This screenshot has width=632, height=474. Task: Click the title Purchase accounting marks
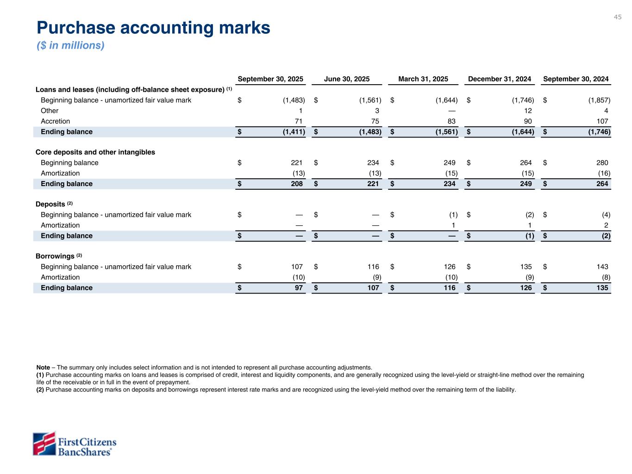pos(153,28)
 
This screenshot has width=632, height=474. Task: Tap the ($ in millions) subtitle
pos(70,45)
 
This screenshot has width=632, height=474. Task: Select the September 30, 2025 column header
pos(270,79)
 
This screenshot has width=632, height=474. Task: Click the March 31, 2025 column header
pos(423,79)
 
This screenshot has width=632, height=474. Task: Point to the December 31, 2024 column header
pos(500,79)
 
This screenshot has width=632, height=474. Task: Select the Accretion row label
pos(56,121)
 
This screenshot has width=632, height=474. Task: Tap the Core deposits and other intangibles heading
pos(95,152)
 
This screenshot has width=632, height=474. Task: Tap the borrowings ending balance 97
pos(299,288)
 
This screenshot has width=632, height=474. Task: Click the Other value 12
pos(527,111)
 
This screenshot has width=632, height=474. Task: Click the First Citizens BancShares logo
pos(74,444)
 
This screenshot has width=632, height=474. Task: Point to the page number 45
pos(618,17)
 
